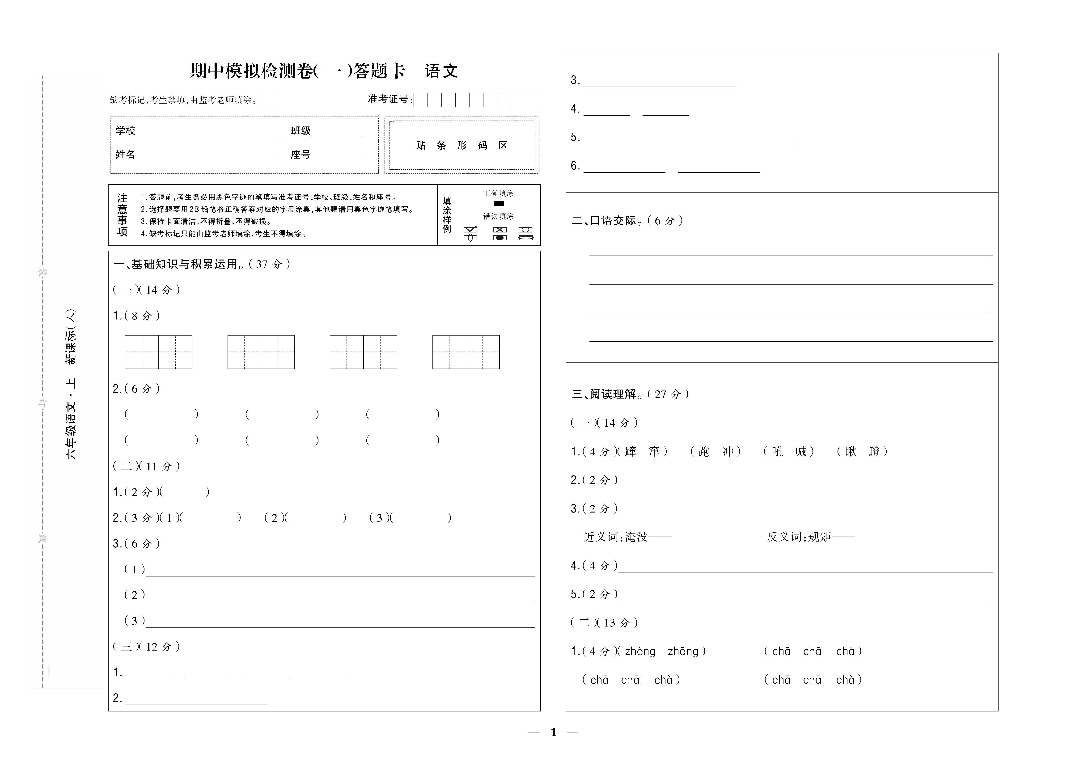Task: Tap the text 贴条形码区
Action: click(461, 145)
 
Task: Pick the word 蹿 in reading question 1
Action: click(631, 451)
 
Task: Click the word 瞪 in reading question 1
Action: click(874, 451)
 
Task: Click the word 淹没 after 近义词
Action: click(636, 537)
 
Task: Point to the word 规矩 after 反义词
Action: click(819, 537)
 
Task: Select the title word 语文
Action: click(441, 71)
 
